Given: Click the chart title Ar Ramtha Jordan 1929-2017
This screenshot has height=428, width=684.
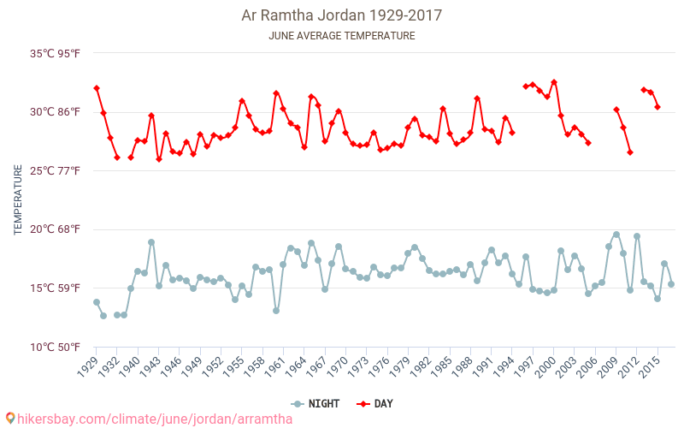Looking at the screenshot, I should click(x=342, y=15).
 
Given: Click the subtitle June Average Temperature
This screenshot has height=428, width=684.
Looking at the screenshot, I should click(x=342, y=36).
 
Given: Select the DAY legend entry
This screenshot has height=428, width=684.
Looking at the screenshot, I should click(x=376, y=403).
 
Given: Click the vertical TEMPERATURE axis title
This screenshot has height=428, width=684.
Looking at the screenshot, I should click(x=18, y=200).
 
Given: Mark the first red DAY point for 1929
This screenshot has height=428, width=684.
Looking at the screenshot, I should click(x=97, y=88).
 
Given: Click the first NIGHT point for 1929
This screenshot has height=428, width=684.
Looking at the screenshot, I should click(x=97, y=302).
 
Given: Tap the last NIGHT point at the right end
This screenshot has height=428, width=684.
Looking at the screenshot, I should click(x=671, y=284).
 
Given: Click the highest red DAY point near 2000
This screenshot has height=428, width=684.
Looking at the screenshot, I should click(x=554, y=82).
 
